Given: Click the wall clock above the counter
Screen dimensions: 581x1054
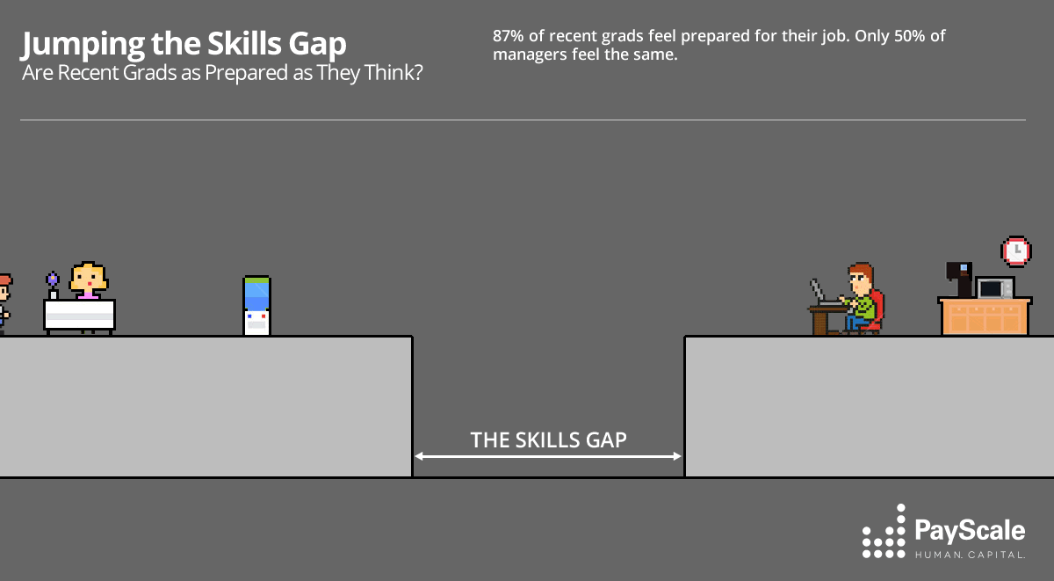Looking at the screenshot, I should pyautogui.click(x=1015, y=251).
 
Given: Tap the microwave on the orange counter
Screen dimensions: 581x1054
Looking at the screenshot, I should pyautogui.click(x=995, y=288).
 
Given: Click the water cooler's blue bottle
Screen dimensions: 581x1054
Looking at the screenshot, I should pyautogui.click(x=256, y=292).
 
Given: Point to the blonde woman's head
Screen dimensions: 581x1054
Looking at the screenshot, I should pyautogui.click(x=88, y=278).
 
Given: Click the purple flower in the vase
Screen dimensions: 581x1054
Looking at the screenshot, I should pyautogui.click(x=53, y=279).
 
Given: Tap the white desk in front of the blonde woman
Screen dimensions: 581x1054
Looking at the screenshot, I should pyautogui.click(x=79, y=314).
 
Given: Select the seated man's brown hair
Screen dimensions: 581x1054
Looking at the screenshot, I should pyautogui.click(x=860, y=270).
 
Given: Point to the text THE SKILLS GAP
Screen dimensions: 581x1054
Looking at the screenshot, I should pyautogui.click(x=548, y=439).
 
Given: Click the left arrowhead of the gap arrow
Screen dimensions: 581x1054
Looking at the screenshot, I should pyautogui.click(x=419, y=456).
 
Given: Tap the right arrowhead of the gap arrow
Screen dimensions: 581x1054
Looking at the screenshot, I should pyautogui.click(x=677, y=456).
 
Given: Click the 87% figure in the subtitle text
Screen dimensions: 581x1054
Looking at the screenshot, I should pyautogui.click(x=509, y=37).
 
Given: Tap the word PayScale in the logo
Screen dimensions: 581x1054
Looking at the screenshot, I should pyautogui.click(x=970, y=530).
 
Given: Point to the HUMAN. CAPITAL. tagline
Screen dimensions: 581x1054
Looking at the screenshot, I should pyautogui.click(x=970, y=555).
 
